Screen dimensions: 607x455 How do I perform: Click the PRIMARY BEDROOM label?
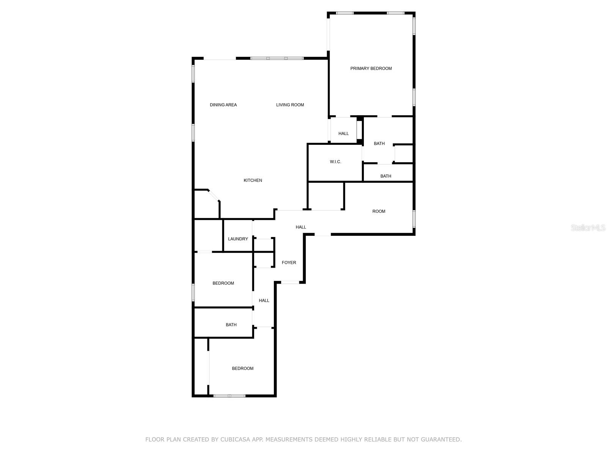pos(371,69)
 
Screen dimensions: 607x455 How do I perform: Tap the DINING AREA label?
pos(223,105)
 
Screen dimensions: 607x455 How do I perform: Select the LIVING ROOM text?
pos(290,105)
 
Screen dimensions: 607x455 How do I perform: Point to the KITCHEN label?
pos(253,180)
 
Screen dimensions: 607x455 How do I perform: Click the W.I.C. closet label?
pos(335,162)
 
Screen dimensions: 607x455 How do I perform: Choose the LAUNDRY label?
pos(238,239)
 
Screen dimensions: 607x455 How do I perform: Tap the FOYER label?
pos(289,262)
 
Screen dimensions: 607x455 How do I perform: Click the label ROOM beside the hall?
pos(379,211)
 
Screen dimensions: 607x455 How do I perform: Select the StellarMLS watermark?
pos(588,227)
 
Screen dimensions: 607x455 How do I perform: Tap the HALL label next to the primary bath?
pos(343,133)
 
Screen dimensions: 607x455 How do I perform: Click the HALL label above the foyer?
pos(301,227)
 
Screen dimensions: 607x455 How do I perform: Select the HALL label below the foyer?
pos(264,301)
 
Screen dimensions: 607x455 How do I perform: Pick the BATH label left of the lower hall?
pos(231,325)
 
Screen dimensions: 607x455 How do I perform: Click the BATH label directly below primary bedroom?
pos(379,144)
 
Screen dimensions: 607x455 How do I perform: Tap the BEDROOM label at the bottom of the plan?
pos(242,369)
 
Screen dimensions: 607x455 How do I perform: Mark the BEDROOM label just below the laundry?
pos(223,283)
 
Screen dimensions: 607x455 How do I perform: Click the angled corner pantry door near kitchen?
pos(214,195)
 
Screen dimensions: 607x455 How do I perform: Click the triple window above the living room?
pos(277,58)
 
